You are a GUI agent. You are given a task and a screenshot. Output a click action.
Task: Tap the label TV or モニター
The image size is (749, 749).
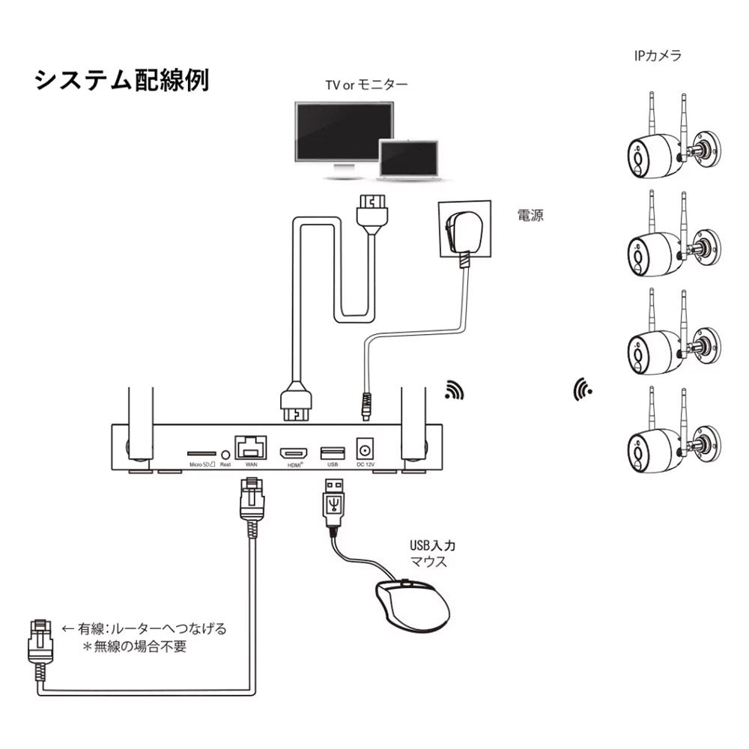pos(366,85)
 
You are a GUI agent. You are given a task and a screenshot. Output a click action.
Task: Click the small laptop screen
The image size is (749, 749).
pos(408,157)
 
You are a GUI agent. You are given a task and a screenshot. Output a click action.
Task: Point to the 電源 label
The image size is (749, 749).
pos(530,216)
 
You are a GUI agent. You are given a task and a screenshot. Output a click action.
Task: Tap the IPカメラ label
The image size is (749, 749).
pos(655,55)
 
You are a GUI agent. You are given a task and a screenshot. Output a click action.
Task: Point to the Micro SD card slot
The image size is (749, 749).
pos(200,454)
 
